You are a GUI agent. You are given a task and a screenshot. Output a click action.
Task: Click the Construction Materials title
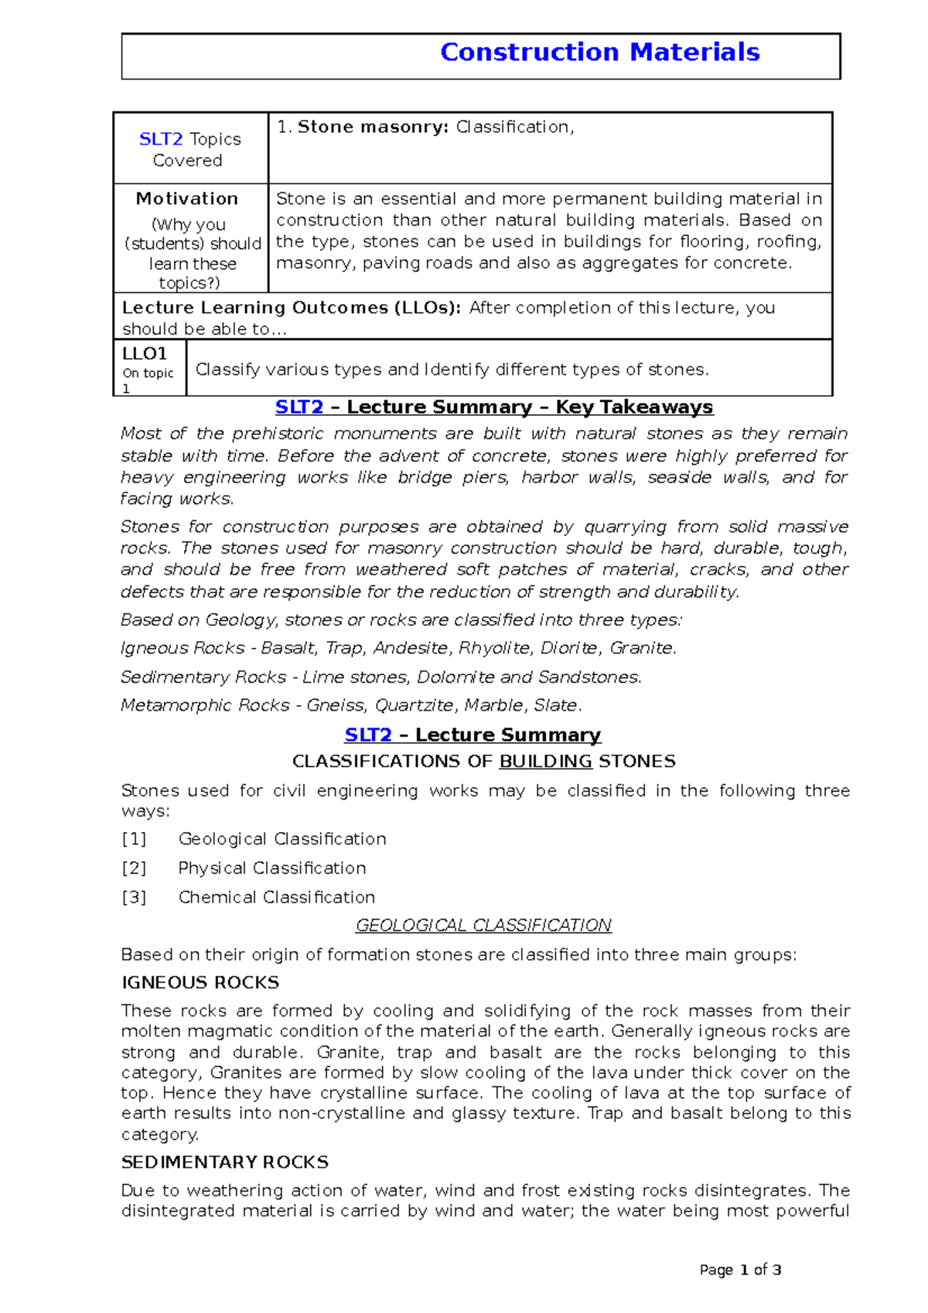pos(599,53)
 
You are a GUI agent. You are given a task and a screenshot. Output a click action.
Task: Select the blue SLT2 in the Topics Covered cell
pos(161,139)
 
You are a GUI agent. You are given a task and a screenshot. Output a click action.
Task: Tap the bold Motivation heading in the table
pos(187,199)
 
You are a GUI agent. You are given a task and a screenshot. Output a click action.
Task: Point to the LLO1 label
pos(145,354)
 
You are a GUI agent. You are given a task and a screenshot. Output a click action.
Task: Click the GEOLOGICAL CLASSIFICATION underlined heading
pos(483,926)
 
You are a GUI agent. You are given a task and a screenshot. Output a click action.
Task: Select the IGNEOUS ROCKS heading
pos(200,983)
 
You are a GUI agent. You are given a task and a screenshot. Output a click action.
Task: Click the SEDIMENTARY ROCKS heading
pos(225,1162)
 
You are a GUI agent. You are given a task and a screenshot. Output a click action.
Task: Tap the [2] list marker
pos(134,868)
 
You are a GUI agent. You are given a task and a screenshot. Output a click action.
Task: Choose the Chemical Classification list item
pos(277,897)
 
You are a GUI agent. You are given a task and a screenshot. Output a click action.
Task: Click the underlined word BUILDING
pos(545,762)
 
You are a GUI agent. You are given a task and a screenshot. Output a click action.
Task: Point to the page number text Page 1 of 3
pos(740,1270)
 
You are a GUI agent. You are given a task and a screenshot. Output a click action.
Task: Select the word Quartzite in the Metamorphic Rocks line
pos(416,705)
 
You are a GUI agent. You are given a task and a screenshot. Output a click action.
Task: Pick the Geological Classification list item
pos(282,839)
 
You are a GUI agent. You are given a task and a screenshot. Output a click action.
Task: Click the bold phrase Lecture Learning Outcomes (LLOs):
pos(292,308)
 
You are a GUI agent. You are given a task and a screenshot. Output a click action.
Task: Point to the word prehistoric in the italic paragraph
pos(277,434)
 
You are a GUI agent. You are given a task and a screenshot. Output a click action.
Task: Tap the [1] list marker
pos(134,839)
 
